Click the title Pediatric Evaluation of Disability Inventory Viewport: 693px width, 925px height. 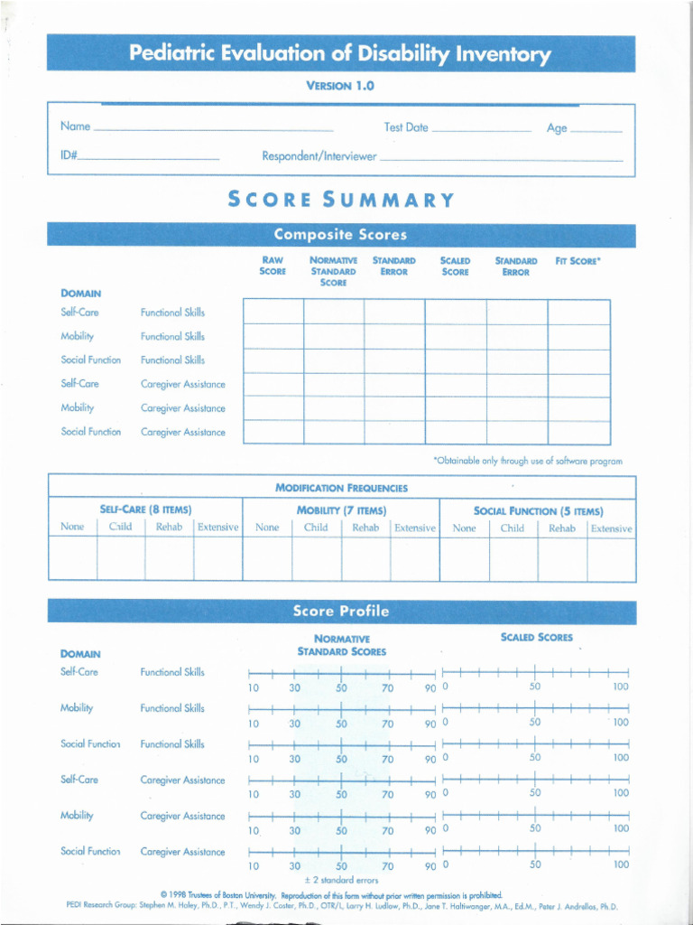(339, 55)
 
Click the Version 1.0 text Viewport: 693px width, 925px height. (340, 87)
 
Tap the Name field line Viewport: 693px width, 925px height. (212, 129)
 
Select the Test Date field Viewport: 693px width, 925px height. (480, 129)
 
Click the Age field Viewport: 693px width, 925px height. (596, 129)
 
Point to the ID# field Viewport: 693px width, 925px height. (149, 157)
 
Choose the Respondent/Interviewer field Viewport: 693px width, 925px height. (501, 157)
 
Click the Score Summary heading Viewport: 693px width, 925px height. (340, 200)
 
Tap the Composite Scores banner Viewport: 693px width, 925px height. (340, 235)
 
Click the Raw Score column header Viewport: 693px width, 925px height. (273, 266)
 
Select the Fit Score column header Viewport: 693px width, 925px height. (577, 261)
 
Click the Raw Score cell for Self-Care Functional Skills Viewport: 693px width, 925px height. (273, 313)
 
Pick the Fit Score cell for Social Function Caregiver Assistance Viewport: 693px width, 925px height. (578, 432)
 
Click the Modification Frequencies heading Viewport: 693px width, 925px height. (341, 488)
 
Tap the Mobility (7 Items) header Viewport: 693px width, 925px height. (341, 510)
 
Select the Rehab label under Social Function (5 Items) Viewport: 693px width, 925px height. (561, 528)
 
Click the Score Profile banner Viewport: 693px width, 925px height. (340, 612)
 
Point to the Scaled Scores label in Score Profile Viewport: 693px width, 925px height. (536, 638)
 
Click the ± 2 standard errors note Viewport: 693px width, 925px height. (341, 879)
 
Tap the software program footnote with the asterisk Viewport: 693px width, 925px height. (527, 461)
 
